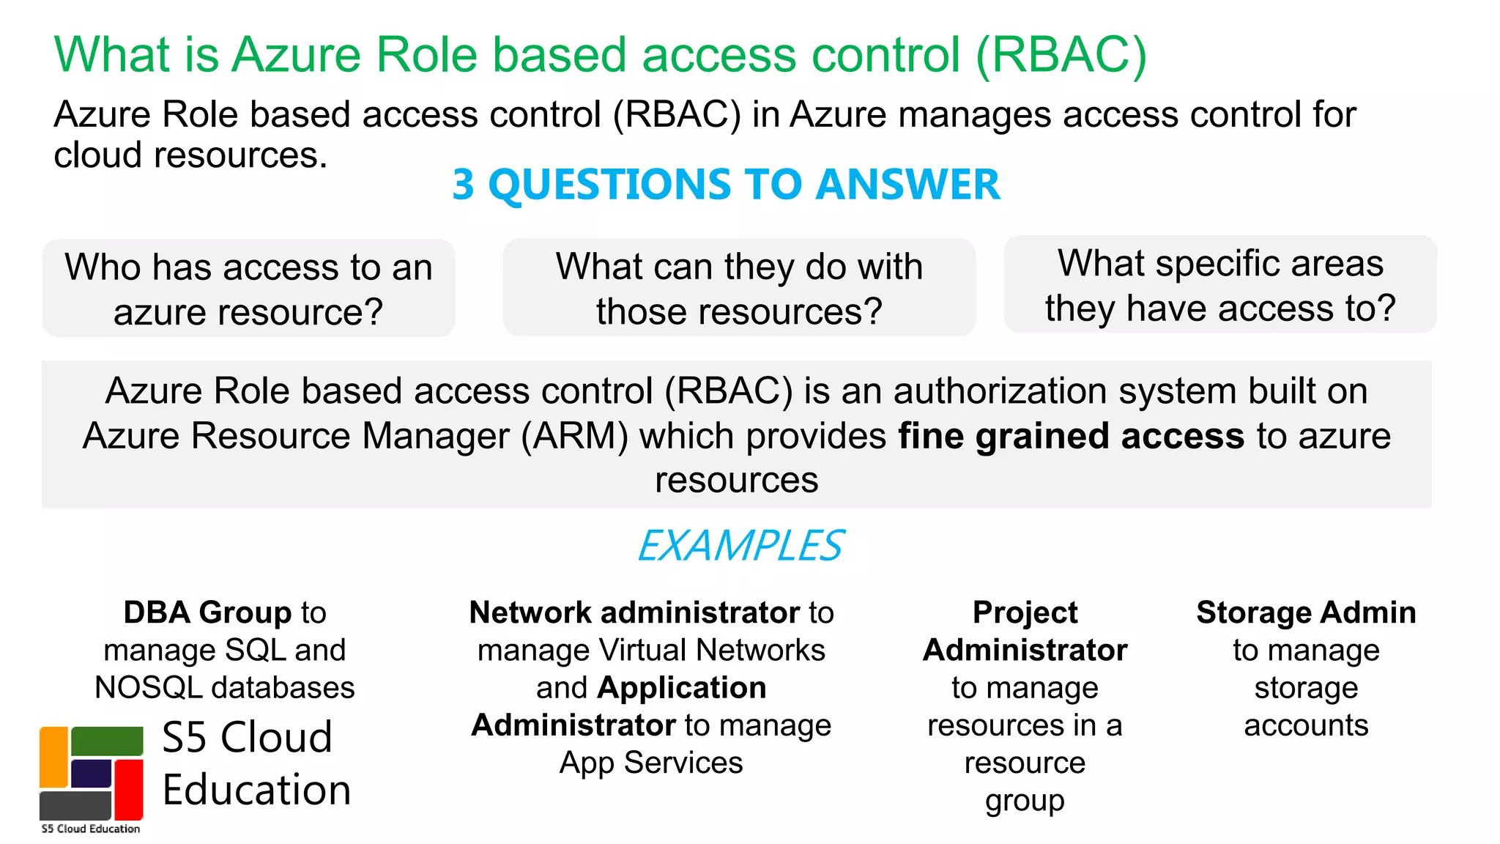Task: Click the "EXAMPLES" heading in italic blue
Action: [740, 546]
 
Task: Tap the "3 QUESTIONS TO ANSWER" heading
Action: [726, 184]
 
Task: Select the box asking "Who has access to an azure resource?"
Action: [248, 289]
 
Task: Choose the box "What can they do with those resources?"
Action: [739, 288]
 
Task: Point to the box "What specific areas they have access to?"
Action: [1220, 285]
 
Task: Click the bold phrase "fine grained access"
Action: [1071, 436]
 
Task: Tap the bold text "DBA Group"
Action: [208, 612]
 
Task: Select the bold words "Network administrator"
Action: [635, 612]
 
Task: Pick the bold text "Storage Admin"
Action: [1306, 612]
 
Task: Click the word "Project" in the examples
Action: [1025, 612]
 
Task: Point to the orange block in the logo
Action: [53, 757]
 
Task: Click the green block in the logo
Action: [107, 741]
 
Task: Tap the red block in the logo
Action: [129, 789]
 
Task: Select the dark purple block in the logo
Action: [91, 774]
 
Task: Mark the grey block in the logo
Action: [75, 805]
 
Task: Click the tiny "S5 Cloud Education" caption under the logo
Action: [91, 829]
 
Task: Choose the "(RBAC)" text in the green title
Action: [1061, 55]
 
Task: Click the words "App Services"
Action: [651, 763]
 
